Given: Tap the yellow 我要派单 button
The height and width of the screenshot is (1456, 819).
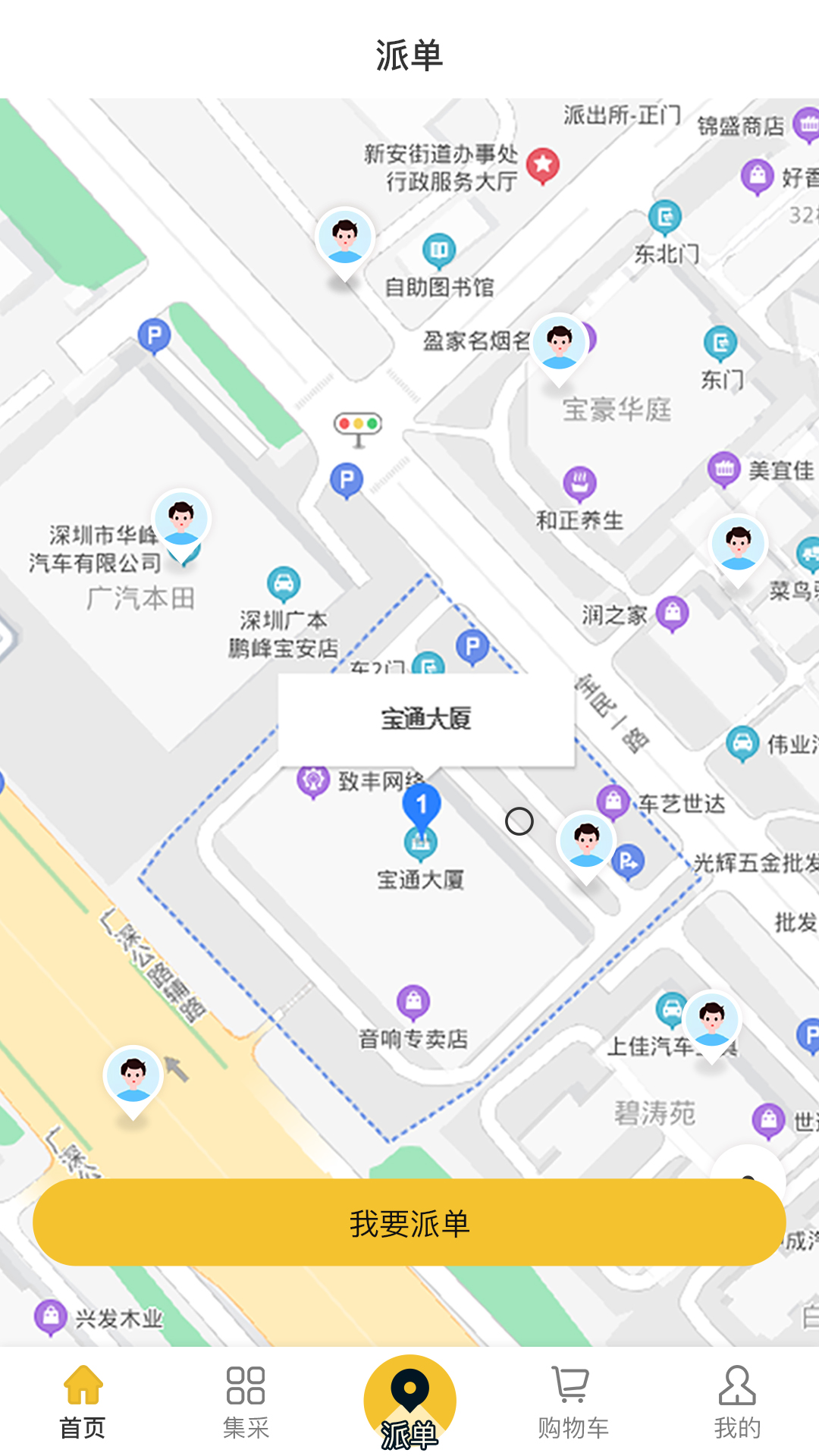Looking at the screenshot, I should (409, 1222).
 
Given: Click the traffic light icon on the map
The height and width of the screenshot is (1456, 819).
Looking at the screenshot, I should (358, 426).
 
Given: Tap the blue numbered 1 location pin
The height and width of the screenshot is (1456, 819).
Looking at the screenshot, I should (422, 806).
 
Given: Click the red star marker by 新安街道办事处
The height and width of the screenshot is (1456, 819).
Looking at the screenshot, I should (543, 165).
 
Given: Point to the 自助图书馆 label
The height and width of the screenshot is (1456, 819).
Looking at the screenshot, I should (439, 287).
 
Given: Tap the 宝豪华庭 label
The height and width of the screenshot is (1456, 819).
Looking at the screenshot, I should (617, 409).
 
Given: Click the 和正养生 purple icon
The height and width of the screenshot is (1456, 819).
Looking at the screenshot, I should (580, 483).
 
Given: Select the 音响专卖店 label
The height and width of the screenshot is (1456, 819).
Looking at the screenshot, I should (413, 1039).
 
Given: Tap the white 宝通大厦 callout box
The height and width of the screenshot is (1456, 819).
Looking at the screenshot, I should (426, 719).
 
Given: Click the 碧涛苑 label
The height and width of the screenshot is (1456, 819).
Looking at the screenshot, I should (654, 1113).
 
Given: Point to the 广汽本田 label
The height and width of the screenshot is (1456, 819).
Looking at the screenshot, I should (140, 599).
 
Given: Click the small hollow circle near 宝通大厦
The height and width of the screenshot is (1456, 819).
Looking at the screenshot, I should (519, 821).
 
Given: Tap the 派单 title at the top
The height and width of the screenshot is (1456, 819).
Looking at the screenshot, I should (409, 55).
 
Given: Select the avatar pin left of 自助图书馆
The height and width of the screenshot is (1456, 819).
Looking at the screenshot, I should (345, 239).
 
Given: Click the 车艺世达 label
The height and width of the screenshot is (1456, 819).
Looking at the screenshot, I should (682, 804).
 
